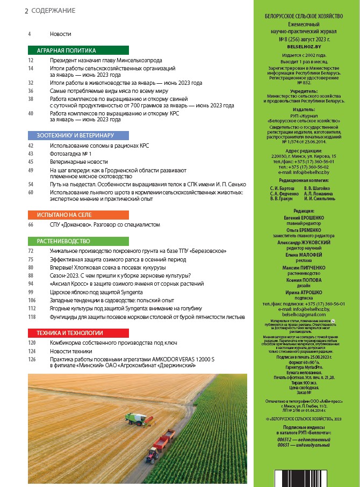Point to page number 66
coord(31,224)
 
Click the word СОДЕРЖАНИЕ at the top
coord(53,11)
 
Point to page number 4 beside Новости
coord(30,34)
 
